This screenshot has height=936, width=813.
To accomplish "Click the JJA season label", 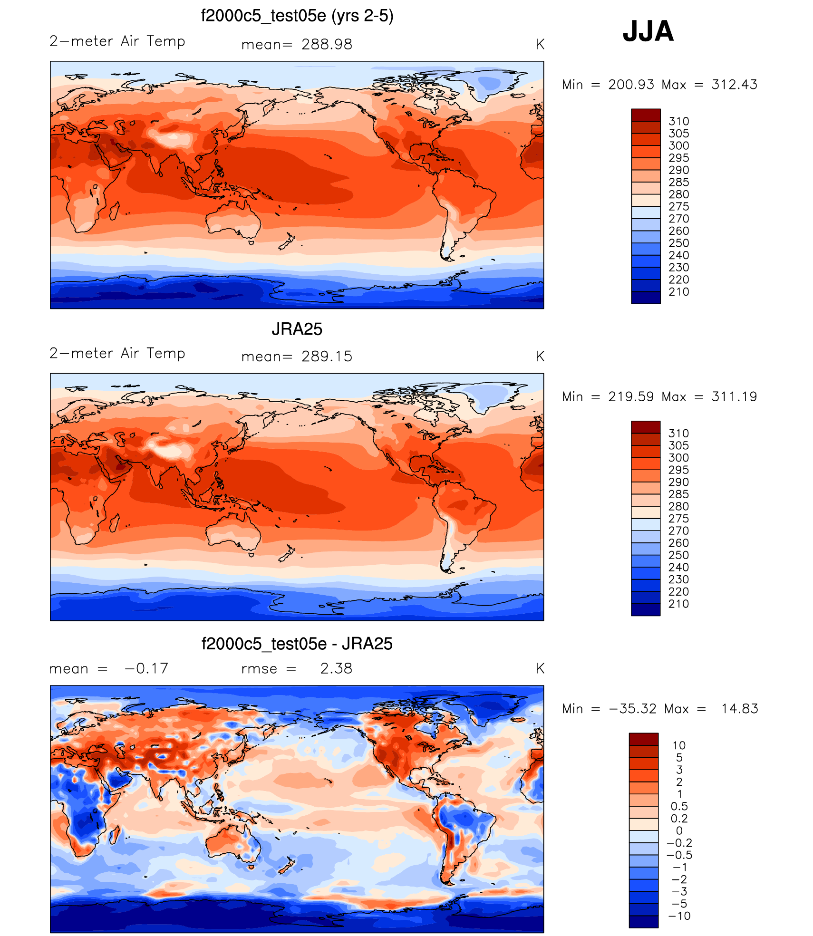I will [648, 31].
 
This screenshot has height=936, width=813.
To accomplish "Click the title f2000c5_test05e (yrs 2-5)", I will [297, 16].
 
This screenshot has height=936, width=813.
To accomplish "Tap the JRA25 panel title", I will [297, 329].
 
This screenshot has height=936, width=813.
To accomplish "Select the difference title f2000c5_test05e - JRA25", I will [297, 644].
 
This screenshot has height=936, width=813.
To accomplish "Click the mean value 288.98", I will [327, 44].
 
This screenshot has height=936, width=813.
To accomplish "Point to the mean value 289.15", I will [327, 357].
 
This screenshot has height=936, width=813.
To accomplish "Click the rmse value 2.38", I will [336, 668].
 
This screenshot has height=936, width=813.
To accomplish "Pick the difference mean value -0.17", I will [146, 668].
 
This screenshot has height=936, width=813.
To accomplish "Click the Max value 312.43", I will [734, 85].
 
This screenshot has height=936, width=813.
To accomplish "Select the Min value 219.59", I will [631, 396].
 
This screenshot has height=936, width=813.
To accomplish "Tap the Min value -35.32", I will [632, 709].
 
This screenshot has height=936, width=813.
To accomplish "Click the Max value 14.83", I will [739, 709].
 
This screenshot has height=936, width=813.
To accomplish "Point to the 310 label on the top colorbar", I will [678, 121].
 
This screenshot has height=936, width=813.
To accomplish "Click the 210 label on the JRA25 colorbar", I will [678, 604].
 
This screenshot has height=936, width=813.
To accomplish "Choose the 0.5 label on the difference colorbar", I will [679, 806].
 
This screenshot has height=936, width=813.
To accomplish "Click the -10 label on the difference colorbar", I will [679, 916].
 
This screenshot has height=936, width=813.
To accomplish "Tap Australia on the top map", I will [233, 221].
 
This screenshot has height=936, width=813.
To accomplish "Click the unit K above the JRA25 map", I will [540, 357].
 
